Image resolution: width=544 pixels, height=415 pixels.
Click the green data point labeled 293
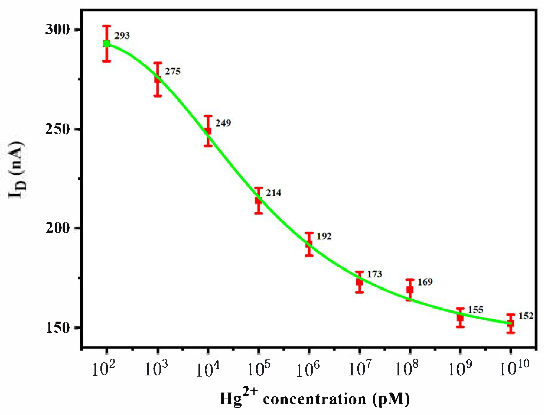(107, 43)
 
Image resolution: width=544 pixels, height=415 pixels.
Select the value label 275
(172, 71)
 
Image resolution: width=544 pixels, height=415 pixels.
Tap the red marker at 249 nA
(208, 130)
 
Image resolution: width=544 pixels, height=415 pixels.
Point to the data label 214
(273, 193)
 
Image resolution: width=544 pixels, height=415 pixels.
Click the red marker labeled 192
(309, 244)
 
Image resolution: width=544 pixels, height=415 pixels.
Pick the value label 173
(374, 274)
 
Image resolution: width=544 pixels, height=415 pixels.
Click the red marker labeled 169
(410, 289)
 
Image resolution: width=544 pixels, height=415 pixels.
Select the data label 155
(475, 309)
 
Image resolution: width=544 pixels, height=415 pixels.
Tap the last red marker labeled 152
(511, 323)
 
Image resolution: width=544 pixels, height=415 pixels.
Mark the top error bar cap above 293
(107, 26)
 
